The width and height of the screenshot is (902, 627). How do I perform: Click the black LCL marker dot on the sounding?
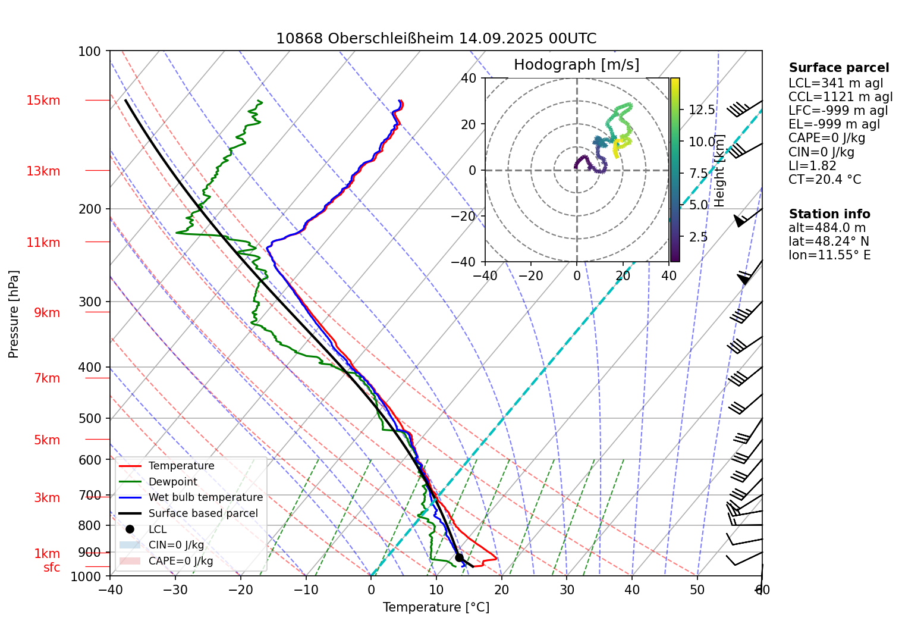point(459,557)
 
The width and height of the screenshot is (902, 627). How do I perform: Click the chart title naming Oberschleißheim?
point(436,39)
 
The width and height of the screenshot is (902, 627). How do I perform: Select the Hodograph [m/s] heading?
point(576,65)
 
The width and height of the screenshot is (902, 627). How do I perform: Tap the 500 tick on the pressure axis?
point(90,419)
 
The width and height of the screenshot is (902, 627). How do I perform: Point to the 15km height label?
point(43,101)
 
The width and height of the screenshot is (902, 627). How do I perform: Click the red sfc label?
point(52,568)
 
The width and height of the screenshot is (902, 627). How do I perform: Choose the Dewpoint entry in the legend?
point(172,482)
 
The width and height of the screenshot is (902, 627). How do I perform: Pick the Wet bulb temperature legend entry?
point(205,497)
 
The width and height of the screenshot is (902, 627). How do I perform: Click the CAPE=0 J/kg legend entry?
point(181,561)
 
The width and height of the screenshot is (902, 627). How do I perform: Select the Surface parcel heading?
point(838,68)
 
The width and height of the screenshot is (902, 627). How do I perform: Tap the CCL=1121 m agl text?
point(840,97)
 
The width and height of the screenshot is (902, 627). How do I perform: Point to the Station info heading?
point(829,214)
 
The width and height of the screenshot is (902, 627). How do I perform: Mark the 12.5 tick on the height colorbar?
point(702,110)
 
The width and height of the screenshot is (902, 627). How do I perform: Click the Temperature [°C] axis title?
point(436,607)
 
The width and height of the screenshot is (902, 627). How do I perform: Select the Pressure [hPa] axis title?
point(14,314)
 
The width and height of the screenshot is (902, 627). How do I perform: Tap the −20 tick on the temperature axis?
point(240,590)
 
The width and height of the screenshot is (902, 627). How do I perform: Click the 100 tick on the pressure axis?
point(90,52)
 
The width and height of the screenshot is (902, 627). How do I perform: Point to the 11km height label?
point(43,243)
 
